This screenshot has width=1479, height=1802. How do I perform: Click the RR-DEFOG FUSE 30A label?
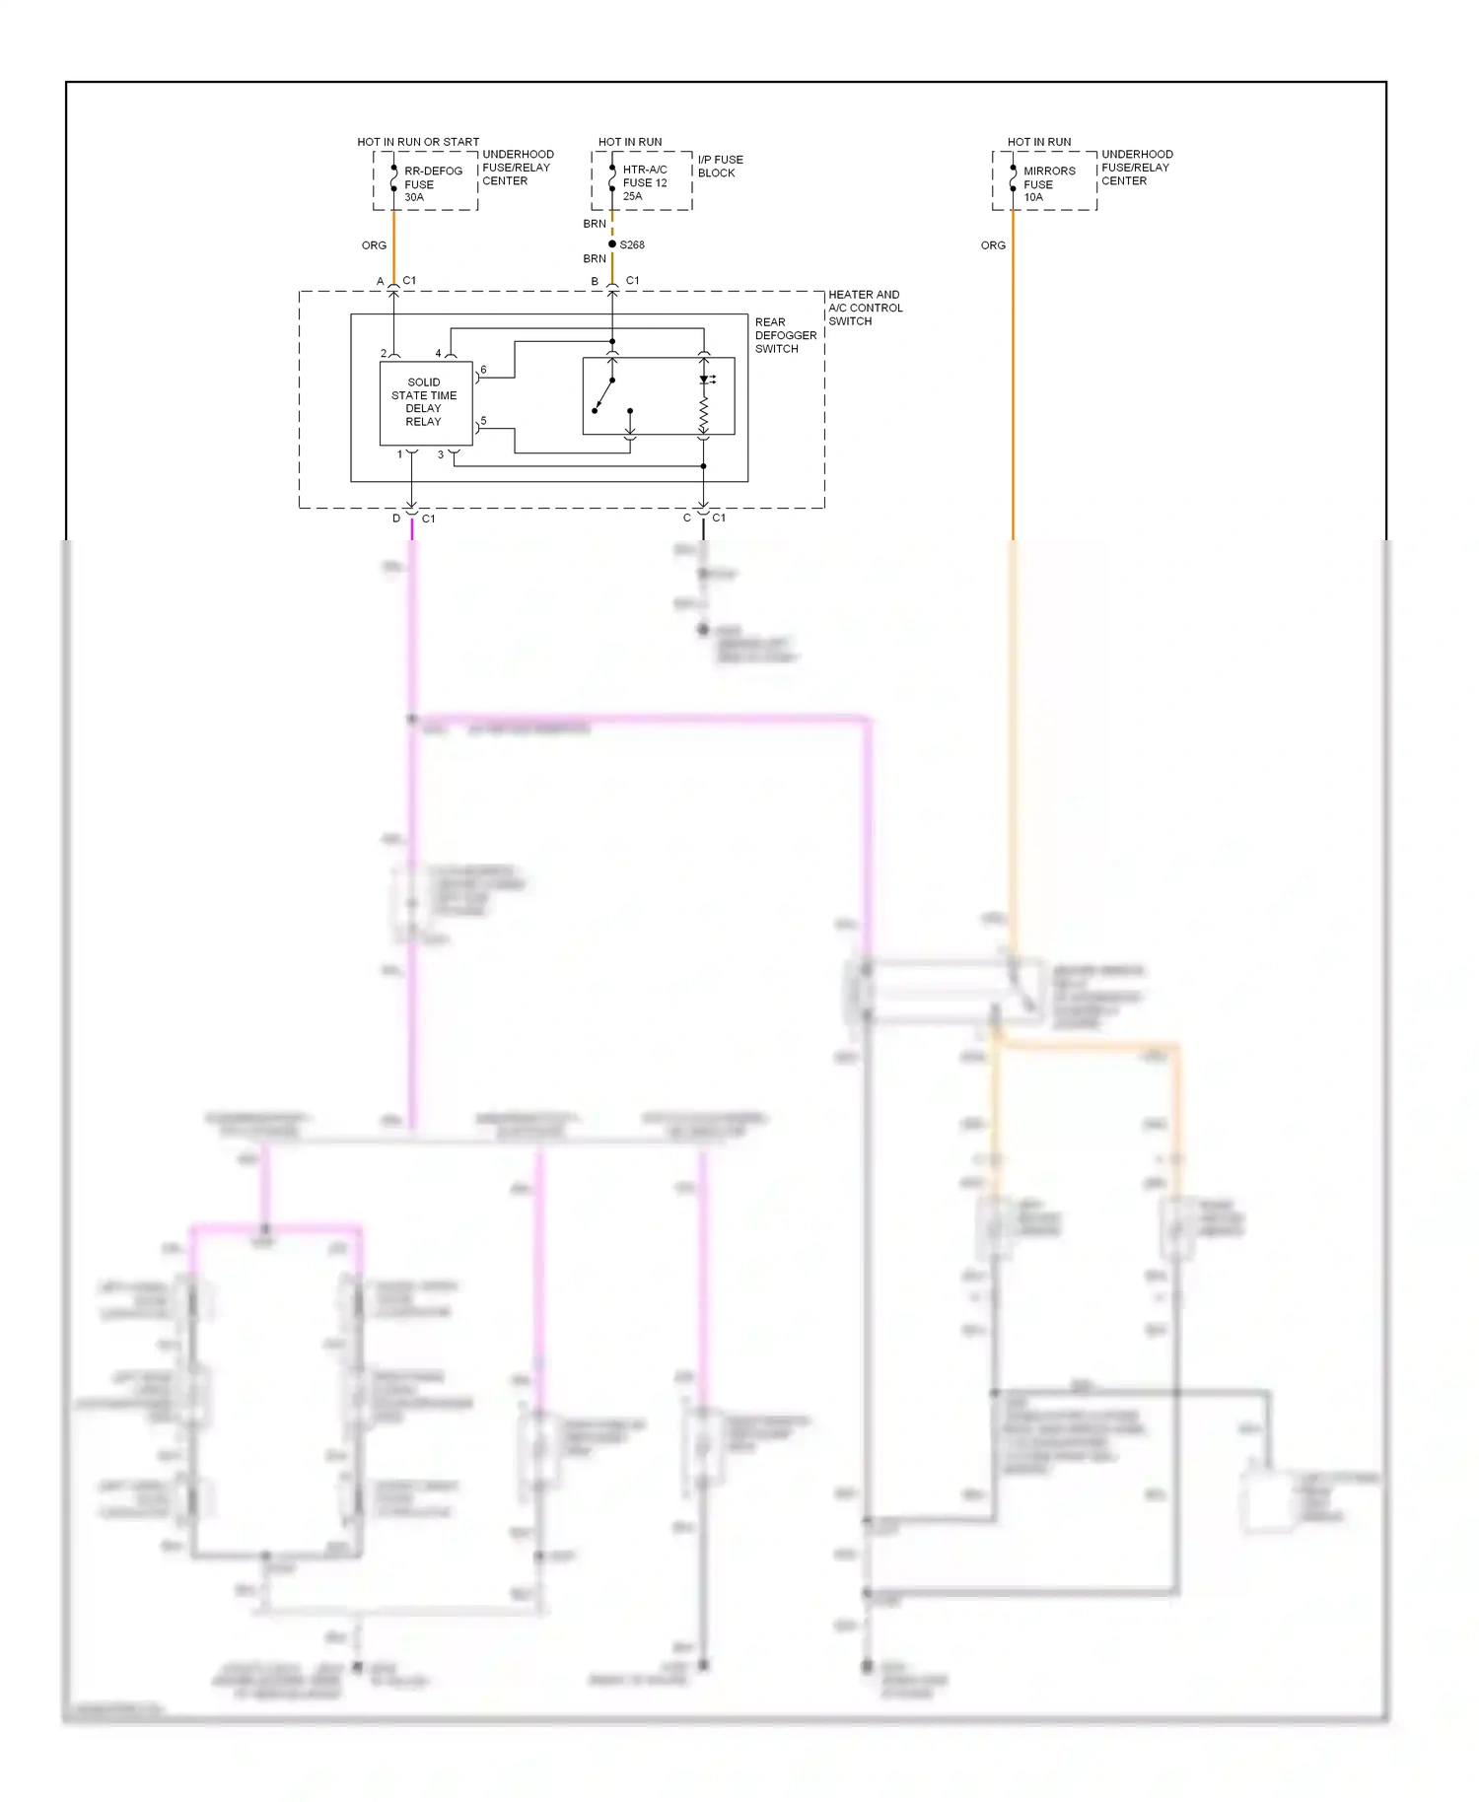[432, 184]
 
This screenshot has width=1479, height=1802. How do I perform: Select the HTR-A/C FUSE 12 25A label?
[644, 182]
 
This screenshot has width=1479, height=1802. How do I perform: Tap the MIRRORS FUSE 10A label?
[1048, 184]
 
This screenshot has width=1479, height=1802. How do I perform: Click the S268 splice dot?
[612, 244]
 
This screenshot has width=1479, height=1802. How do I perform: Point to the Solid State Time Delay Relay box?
[425, 402]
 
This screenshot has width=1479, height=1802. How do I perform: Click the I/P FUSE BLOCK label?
[720, 166]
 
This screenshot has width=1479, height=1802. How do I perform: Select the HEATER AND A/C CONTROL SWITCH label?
[865, 308]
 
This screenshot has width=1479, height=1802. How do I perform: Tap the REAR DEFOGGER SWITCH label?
[785, 335]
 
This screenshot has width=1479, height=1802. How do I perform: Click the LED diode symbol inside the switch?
[705, 380]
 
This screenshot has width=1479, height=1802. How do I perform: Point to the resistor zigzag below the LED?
[704, 416]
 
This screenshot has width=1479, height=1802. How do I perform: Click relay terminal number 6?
[483, 370]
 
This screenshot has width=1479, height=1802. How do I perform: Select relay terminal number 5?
[483, 421]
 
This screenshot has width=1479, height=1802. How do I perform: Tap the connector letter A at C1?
[381, 282]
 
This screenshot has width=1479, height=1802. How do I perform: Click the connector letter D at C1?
[396, 519]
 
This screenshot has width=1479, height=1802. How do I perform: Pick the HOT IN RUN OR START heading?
[418, 142]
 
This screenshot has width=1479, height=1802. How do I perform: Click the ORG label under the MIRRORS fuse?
[993, 245]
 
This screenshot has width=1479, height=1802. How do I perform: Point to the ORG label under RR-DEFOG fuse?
[374, 245]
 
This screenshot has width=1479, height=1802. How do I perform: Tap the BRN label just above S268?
[595, 224]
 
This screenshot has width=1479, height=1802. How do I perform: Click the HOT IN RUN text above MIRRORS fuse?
[1038, 142]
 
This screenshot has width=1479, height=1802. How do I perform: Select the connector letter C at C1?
[687, 519]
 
